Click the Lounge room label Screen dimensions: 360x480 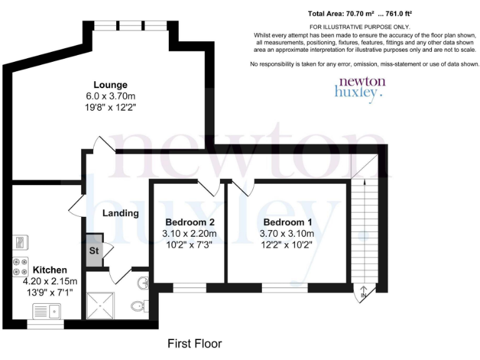111,85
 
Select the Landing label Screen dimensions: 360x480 121,213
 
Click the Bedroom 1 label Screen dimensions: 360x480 287,222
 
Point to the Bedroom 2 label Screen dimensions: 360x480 190,222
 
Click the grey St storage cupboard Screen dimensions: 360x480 94,251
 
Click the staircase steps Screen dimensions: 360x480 362,231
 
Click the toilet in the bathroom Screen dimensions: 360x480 139,306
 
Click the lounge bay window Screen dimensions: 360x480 130,26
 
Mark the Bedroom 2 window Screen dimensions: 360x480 189,288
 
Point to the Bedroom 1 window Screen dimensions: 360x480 280,288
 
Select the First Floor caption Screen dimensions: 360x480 194,344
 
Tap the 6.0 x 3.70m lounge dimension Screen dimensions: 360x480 111,96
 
